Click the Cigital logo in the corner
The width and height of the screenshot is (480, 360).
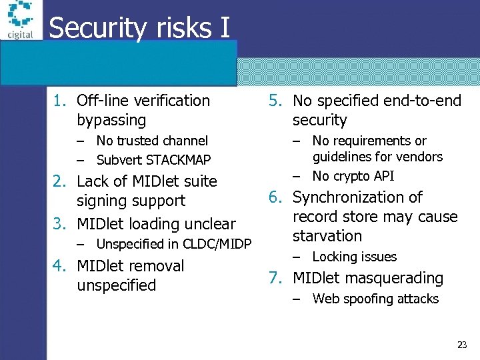pyautogui.click(x=19, y=20)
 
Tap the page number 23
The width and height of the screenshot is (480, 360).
pyautogui.click(x=461, y=345)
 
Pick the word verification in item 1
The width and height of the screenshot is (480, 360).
pyautogui.click(x=172, y=101)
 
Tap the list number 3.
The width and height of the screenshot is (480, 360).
pyautogui.click(x=60, y=223)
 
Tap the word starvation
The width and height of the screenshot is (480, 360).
pyautogui.click(x=327, y=236)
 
